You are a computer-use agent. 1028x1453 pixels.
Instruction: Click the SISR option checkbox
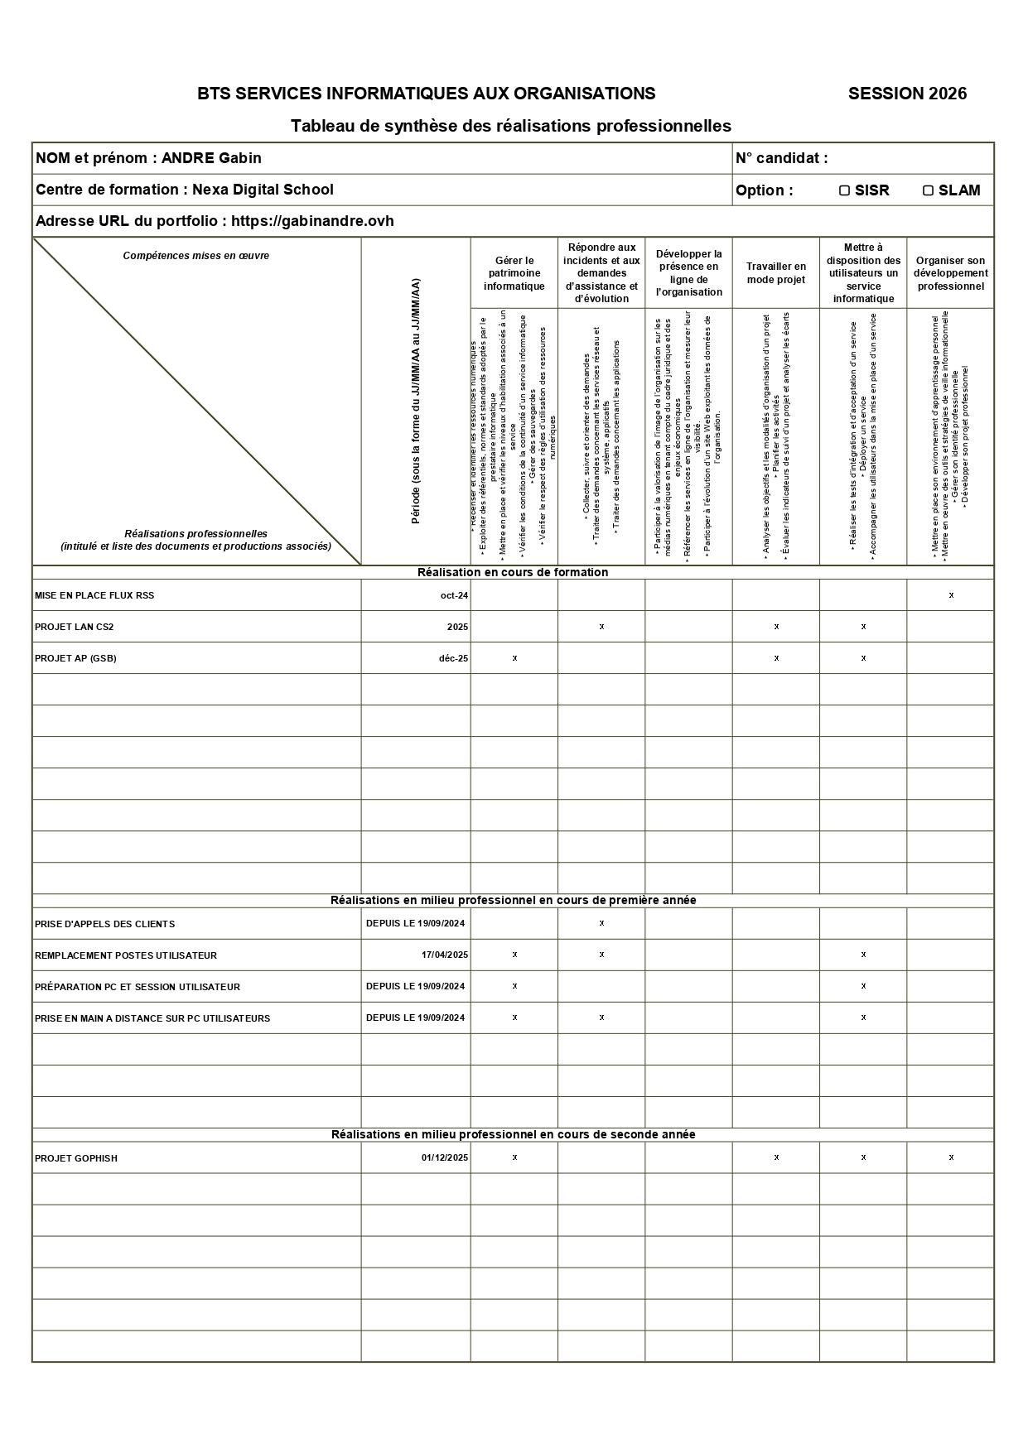844,190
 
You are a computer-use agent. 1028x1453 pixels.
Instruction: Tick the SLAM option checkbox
928,190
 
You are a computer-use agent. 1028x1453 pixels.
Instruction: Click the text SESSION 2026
907,94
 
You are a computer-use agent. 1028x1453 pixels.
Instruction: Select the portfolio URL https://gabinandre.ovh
312,221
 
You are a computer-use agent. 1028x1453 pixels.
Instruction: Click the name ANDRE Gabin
211,158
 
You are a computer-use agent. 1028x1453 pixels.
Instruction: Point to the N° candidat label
781,158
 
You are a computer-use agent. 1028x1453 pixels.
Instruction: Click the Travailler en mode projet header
775,273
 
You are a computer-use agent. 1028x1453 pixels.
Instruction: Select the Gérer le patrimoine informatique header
514,273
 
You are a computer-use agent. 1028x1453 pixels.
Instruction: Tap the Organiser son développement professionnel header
950,273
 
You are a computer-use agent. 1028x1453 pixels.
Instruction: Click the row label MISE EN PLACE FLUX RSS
94,595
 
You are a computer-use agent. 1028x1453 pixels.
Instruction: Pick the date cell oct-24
454,595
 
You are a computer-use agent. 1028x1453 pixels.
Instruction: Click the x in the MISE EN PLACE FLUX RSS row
951,595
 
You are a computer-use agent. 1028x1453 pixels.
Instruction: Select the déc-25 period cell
453,658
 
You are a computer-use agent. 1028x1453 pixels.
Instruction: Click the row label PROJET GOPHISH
76,1158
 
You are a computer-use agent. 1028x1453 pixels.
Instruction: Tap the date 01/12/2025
444,1158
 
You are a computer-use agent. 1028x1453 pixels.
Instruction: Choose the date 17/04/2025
444,955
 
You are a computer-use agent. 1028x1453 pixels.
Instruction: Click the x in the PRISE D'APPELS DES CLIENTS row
601,923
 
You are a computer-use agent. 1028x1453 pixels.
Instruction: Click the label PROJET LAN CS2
75,627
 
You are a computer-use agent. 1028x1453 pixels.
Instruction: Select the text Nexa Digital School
263,190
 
